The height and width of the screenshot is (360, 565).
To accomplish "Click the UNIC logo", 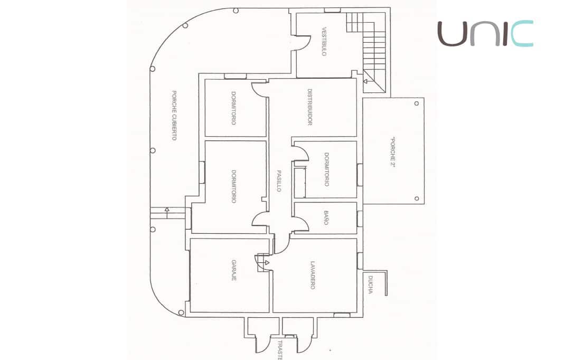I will (485, 34).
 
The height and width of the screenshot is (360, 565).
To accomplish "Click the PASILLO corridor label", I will (279, 181).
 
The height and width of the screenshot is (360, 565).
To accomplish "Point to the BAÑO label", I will (326, 217).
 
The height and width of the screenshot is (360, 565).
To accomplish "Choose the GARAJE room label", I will (233, 270).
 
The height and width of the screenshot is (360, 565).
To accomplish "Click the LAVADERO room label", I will (313, 276).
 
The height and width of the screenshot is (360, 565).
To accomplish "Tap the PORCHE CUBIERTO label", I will (174, 116).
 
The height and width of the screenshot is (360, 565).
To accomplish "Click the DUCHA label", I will (371, 285).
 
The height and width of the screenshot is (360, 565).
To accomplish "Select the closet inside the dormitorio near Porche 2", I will (300, 182).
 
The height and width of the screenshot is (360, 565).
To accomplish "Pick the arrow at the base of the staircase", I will (365, 81).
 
